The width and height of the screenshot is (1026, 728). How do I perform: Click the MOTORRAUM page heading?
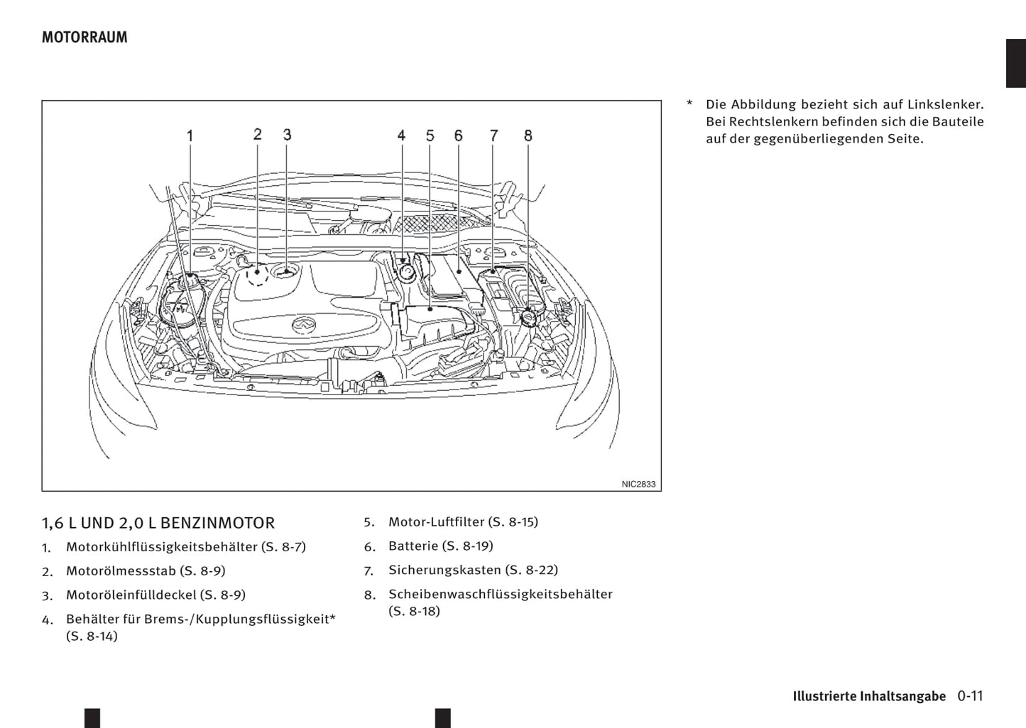pos(84,38)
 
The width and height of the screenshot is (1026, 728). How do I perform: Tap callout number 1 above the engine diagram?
pos(190,135)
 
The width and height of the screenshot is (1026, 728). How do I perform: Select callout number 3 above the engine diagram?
pos(287,134)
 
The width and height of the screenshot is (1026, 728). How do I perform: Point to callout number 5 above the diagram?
pos(430,135)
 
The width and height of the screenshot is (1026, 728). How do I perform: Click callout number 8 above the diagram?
pos(528,135)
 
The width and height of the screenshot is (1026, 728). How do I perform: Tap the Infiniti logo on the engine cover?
pos(303,325)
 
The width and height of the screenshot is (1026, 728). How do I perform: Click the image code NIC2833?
pos(638,484)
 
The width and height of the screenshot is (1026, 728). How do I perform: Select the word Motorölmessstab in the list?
pos(121,570)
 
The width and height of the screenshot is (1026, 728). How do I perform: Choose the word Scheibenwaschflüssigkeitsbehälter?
pos(500,594)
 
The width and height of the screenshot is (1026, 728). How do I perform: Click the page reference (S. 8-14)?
pos(92,636)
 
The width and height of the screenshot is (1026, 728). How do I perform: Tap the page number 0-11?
pos(969,695)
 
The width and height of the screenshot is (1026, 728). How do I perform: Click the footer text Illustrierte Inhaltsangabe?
pos(869,696)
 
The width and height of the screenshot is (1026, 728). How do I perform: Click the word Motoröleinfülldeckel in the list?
pos(131,595)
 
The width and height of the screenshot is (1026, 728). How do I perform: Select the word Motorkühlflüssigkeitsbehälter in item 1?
pos(161,547)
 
